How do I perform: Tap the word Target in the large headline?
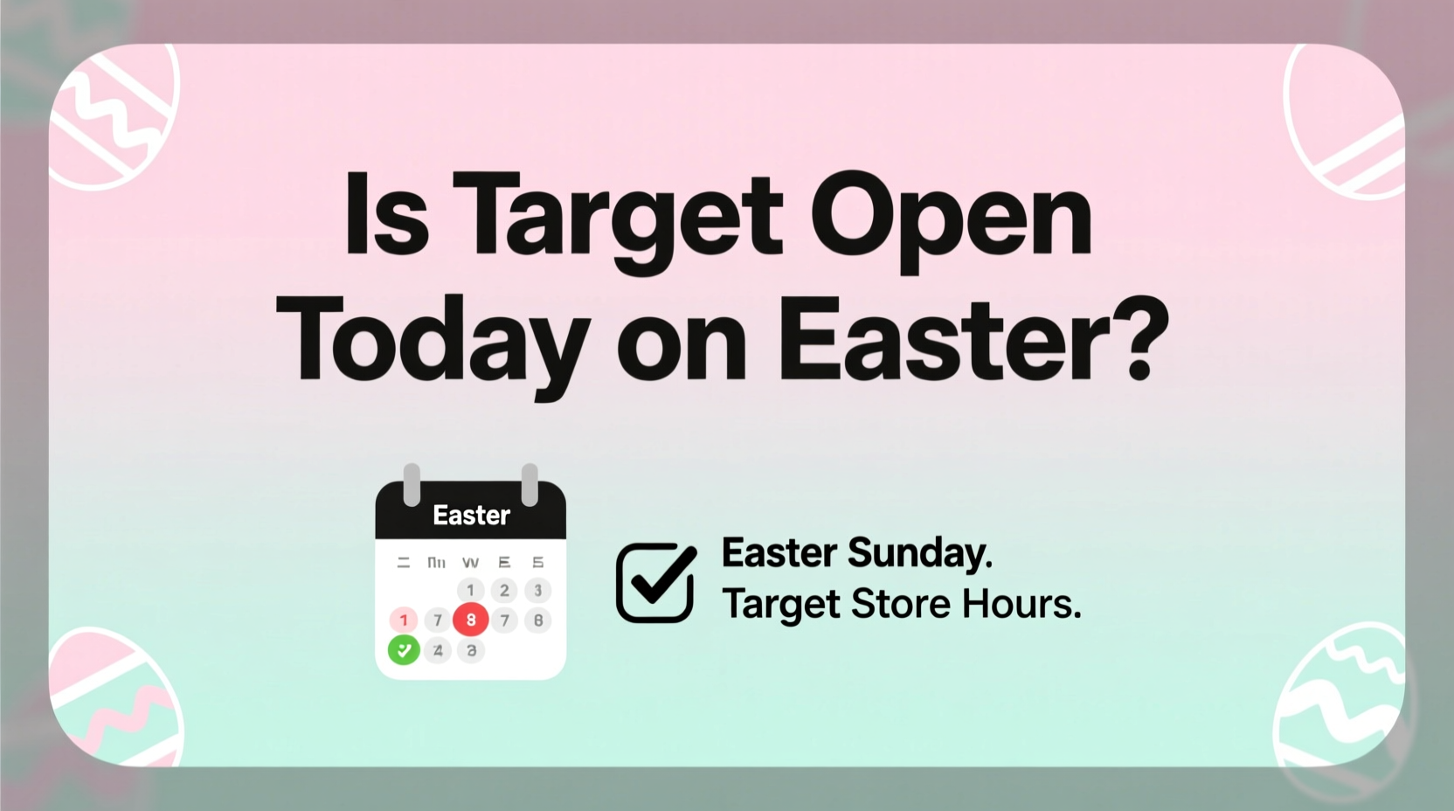point(617,218)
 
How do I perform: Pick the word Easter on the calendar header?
point(471,516)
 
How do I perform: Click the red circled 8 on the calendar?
point(471,620)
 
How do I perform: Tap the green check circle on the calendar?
point(404,650)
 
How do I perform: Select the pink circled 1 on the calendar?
point(404,620)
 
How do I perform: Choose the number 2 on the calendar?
point(504,590)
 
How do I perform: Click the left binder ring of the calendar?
point(412,484)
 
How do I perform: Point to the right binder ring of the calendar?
point(530,484)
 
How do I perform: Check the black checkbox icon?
point(655,582)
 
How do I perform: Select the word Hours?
point(1021,604)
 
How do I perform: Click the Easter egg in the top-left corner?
point(114,114)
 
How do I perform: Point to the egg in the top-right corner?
point(1346,122)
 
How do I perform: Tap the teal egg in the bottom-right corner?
point(1341,699)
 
